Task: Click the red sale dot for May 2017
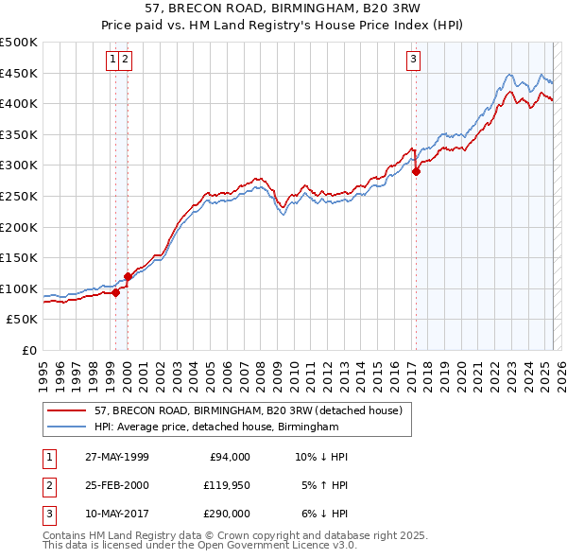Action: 416,171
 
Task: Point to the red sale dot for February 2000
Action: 128,276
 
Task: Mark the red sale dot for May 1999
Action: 115,292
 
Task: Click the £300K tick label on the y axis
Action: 19,166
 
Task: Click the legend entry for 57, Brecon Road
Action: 249,410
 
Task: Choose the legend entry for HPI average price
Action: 216,427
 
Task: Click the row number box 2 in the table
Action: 48,485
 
